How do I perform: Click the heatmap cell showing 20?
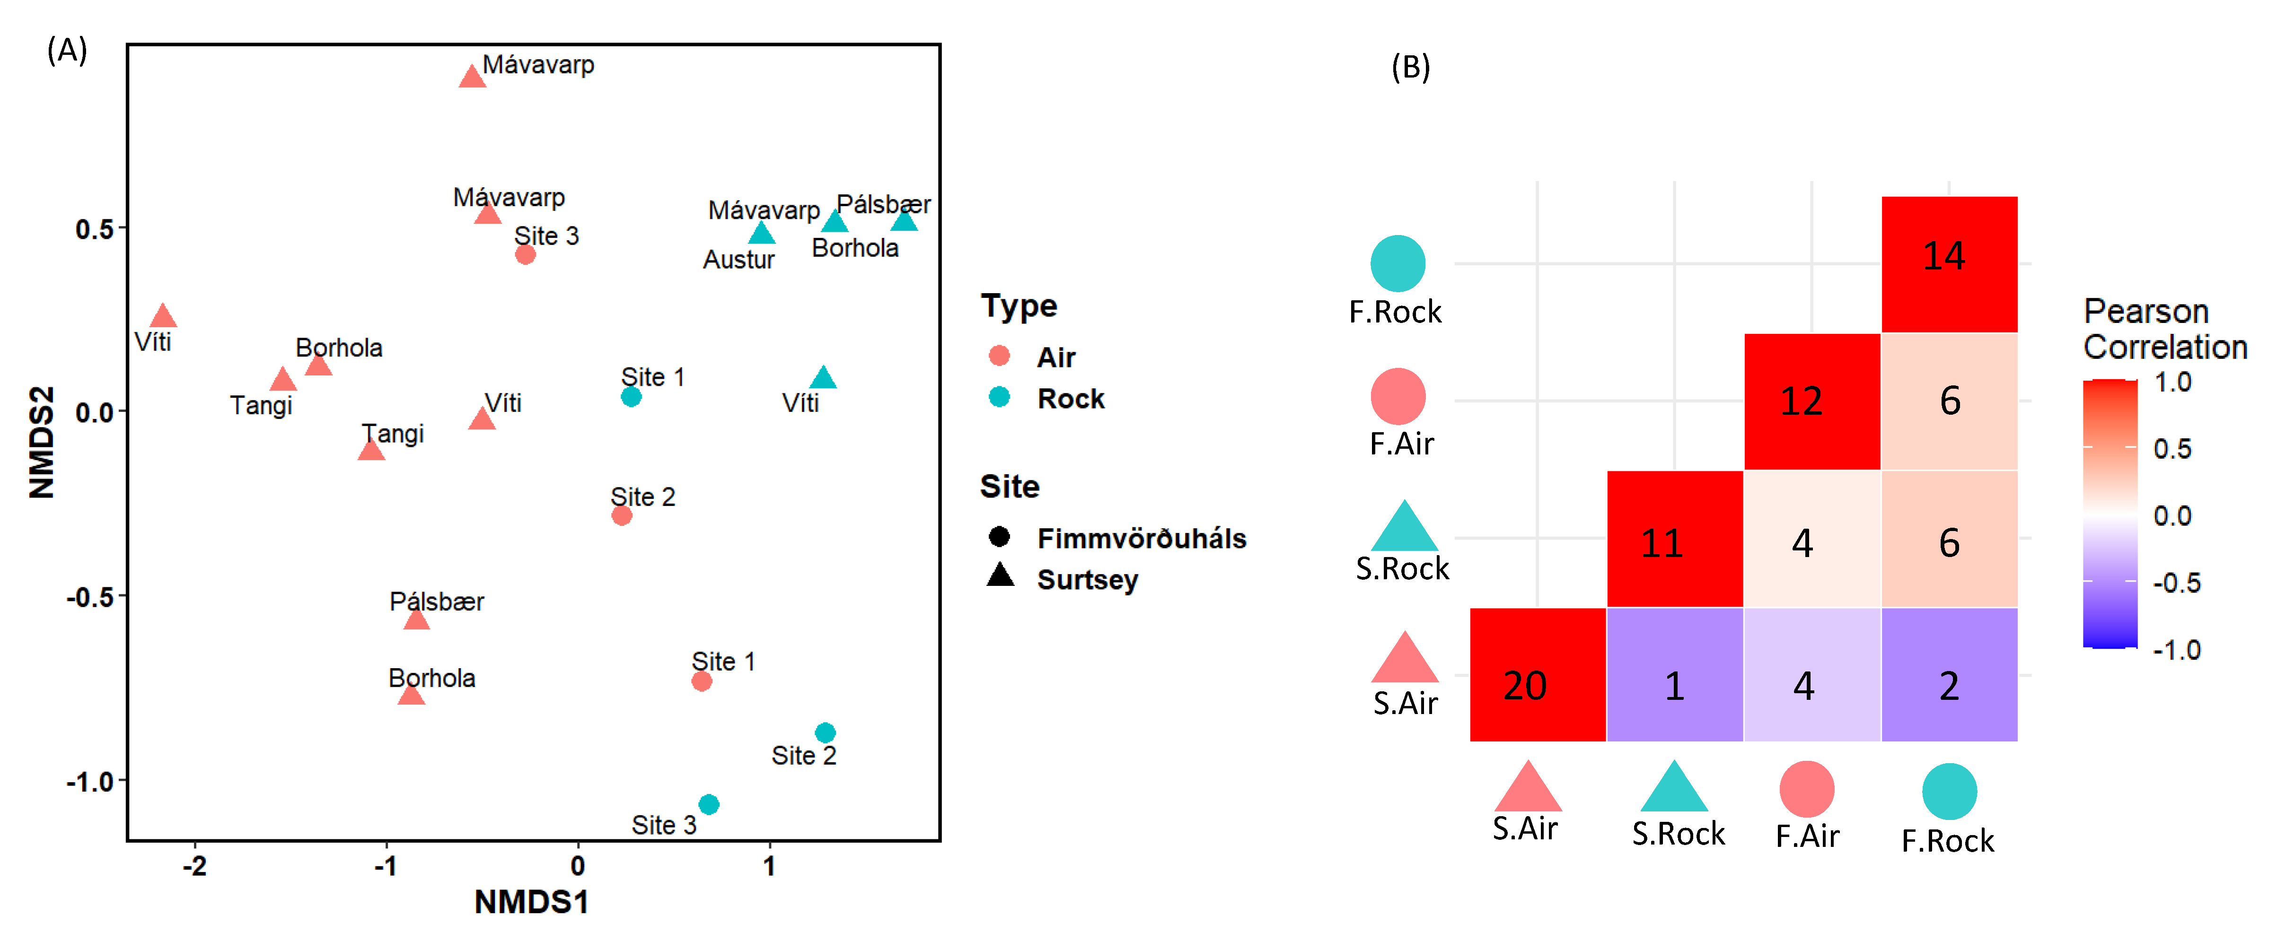1537,675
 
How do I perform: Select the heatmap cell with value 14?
1949,264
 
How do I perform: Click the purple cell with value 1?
1675,675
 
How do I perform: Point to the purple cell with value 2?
1949,675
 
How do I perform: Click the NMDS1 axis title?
531,901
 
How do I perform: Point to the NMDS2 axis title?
42,442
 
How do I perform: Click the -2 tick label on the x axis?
194,866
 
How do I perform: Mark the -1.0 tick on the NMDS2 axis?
91,781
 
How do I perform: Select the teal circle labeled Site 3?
708,804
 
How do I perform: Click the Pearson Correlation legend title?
2164,329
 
